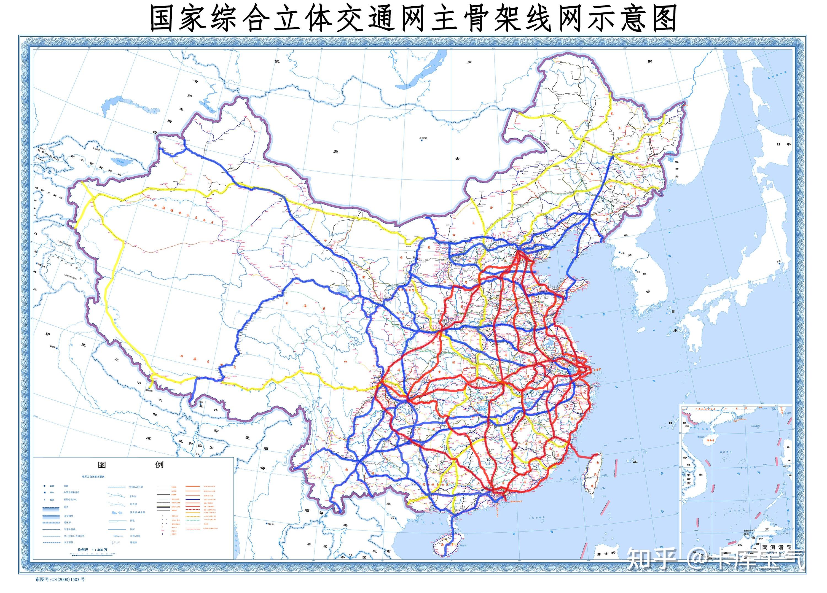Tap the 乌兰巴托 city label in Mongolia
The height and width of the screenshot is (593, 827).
pos(423,138)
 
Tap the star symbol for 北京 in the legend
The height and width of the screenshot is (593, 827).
pos(44,486)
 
